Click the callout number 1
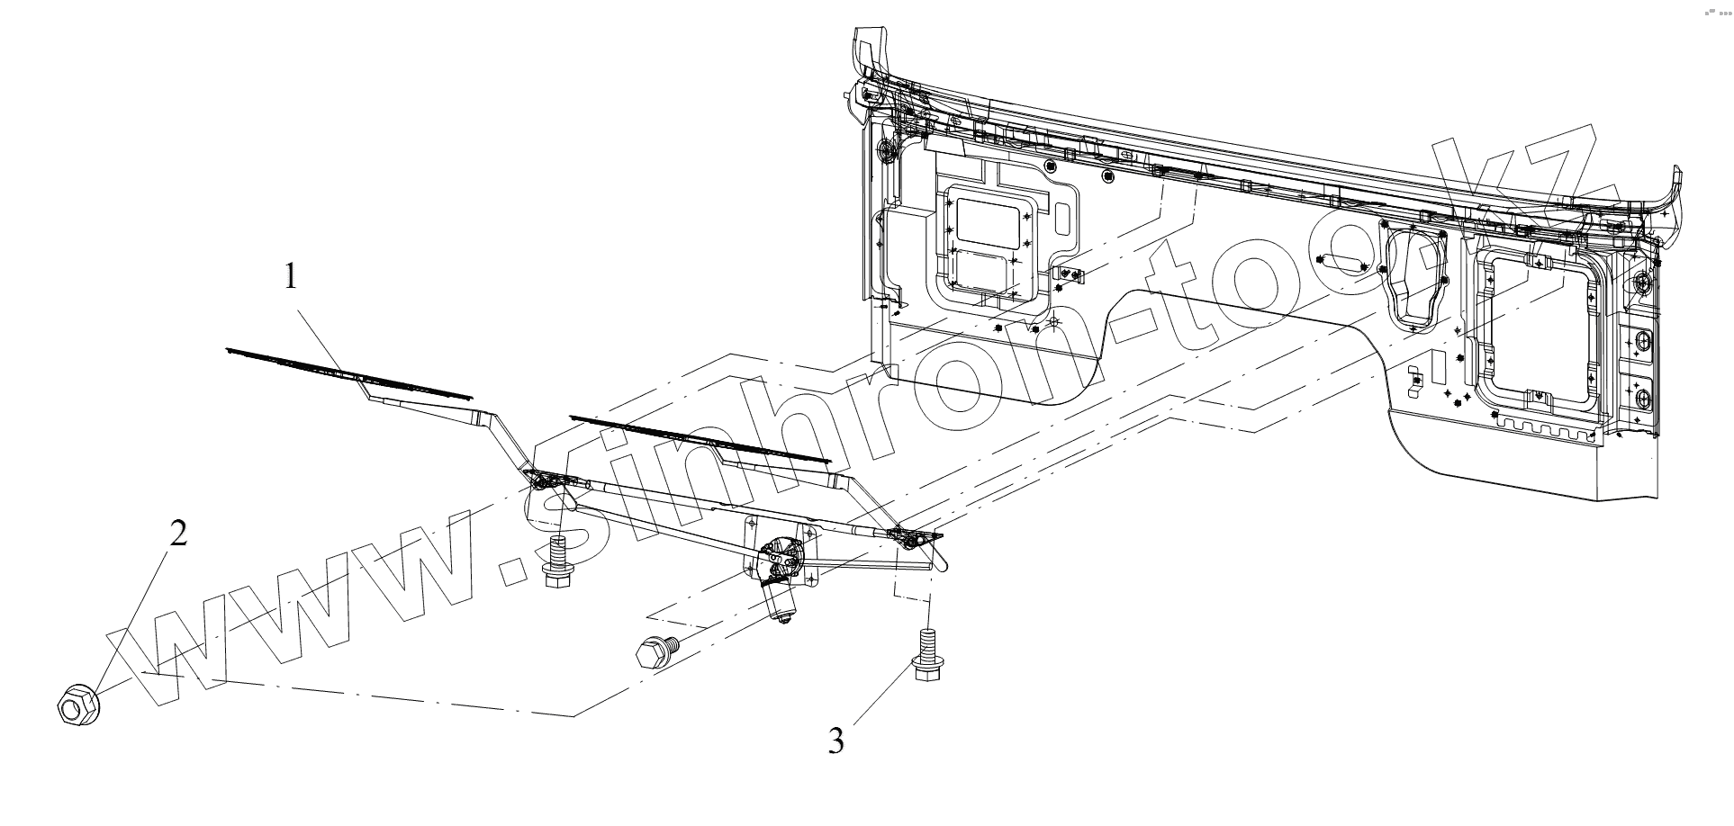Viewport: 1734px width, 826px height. pyautogui.click(x=290, y=276)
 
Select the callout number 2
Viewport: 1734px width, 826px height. pyautogui.click(x=178, y=534)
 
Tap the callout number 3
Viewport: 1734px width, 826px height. pyautogui.click(x=836, y=742)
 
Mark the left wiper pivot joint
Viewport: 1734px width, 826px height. pyautogui.click(x=544, y=480)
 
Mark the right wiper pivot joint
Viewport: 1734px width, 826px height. pyautogui.click(x=909, y=538)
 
